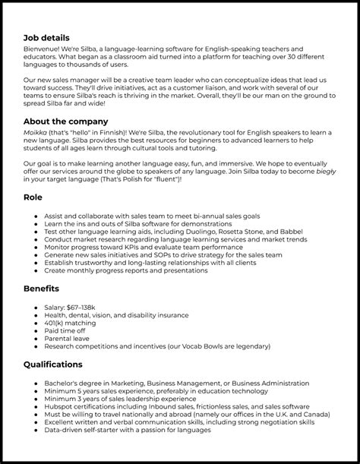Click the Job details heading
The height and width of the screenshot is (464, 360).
[46, 37]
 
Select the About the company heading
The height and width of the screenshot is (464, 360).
[66, 122]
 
